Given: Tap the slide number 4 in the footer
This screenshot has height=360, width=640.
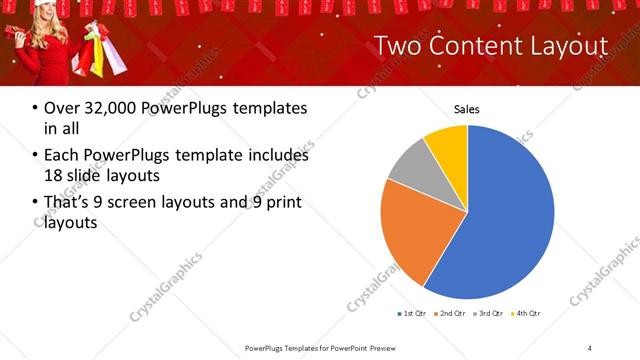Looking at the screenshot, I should (x=590, y=347).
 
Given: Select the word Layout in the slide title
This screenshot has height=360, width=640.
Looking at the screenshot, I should (x=569, y=46).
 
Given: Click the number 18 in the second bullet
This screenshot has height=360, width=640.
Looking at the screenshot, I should (x=52, y=174).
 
